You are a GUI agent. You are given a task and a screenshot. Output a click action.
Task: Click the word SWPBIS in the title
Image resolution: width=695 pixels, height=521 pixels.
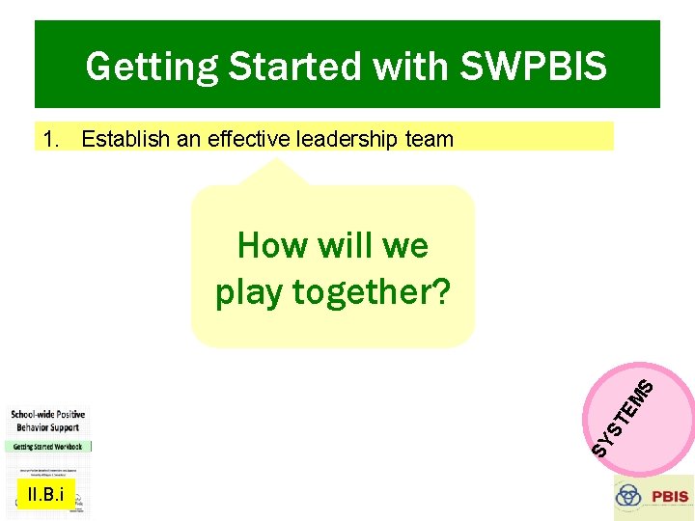tap(534, 67)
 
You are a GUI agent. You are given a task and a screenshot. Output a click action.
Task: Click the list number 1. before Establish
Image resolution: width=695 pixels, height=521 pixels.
tap(52, 139)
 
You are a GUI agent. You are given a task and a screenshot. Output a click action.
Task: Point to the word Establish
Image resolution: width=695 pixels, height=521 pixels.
tap(122, 139)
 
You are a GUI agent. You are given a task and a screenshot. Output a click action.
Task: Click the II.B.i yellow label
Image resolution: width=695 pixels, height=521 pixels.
tap(44, 496)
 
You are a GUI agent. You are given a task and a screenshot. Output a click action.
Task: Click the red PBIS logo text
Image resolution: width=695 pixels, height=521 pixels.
tap(670, 497)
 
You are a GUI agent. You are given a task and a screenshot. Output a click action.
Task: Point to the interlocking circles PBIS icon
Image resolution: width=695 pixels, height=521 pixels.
tap(629, 496)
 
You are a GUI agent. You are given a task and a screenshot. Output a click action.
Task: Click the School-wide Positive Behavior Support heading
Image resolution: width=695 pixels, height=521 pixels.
tap(46, 420)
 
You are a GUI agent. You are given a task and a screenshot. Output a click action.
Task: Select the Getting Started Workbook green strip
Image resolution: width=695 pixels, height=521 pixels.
tap(47, 446)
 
